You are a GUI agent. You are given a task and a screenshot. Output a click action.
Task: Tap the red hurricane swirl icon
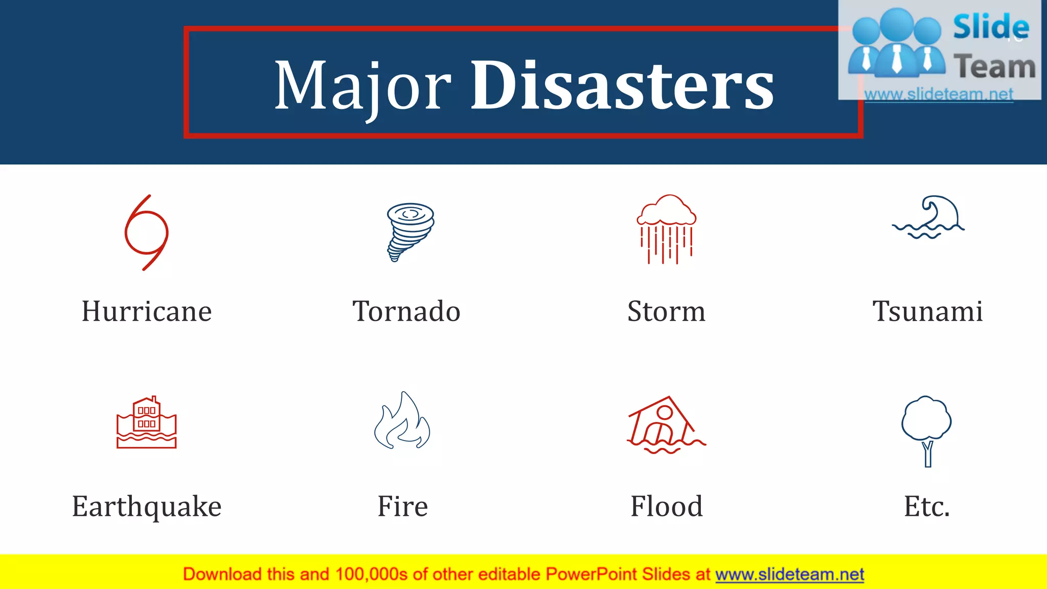pyautogui.click(x=147, y=232)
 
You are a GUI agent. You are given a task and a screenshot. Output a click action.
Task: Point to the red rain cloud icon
pyautogui.click(x=666, y=229)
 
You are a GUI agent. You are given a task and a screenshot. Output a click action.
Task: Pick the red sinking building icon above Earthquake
pyautogui.click(x=147, y=423)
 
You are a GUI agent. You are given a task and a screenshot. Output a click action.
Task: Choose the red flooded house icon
pyautogui.click(x=666, y=425)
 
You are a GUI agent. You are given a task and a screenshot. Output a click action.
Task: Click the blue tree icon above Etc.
pyautogui.click(x=926, y=429)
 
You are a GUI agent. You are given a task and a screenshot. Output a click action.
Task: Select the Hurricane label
pyautogui.click(x=147, y=311)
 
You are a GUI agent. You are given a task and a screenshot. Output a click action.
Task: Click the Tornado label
pyautogui.click(x=406, y=311)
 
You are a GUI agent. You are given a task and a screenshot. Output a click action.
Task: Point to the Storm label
pyautogui.click(x=666, y=311)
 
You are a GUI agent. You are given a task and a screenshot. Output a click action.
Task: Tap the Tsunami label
pyautogui.click(x=927, y=311)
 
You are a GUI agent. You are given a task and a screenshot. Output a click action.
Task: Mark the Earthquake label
pyautogui.click(x=147, y=507)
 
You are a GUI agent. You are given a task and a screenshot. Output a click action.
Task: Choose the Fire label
pyautogui.click(x=403, y=507)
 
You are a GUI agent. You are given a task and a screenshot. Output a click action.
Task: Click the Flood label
pyautogui.click(x=666, y=507)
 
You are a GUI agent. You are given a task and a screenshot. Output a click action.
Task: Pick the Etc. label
pyautogui.click(x=926, y=507)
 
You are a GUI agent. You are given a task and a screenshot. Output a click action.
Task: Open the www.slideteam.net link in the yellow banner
pyautogui.click(x=789, y=575)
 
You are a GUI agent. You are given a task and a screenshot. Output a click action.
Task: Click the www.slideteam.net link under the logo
pyautogui.click(x=939, y=94)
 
